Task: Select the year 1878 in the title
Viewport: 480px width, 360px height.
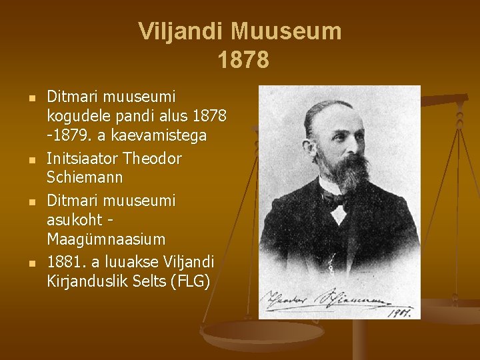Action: tap(243, 60)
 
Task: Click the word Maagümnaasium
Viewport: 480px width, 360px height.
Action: tap(107, 238)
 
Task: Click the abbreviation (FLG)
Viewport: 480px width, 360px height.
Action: tap(191, 281)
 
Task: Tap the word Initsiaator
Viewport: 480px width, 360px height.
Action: tap(85, 159)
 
